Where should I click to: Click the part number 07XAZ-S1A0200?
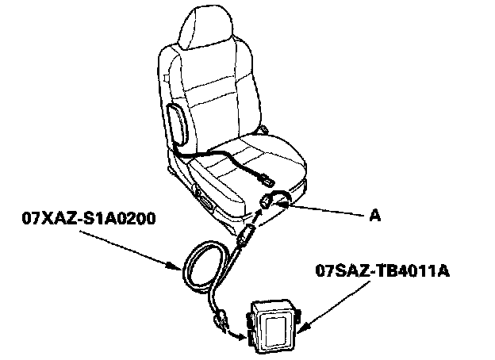pyautogui.click(x=89, y=218)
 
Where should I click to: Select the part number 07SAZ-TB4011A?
pyautogui.click(x=382, y=270)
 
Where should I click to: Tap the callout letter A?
pyautogui.click(x=375, y=216)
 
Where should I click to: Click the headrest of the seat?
pyautogui.click(x=205, y=27)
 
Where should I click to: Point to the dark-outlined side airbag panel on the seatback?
pyautogui.click(x=178, y=124)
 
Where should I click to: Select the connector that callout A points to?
pyautogui.click(x=267, y=201)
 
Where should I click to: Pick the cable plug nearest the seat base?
pyautogui.click(x=246, y=235)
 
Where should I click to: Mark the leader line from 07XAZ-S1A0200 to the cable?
pyautogui.click(x=130, y=251)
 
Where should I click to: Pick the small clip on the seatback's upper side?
pyautogui.click(x=167, y=77)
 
